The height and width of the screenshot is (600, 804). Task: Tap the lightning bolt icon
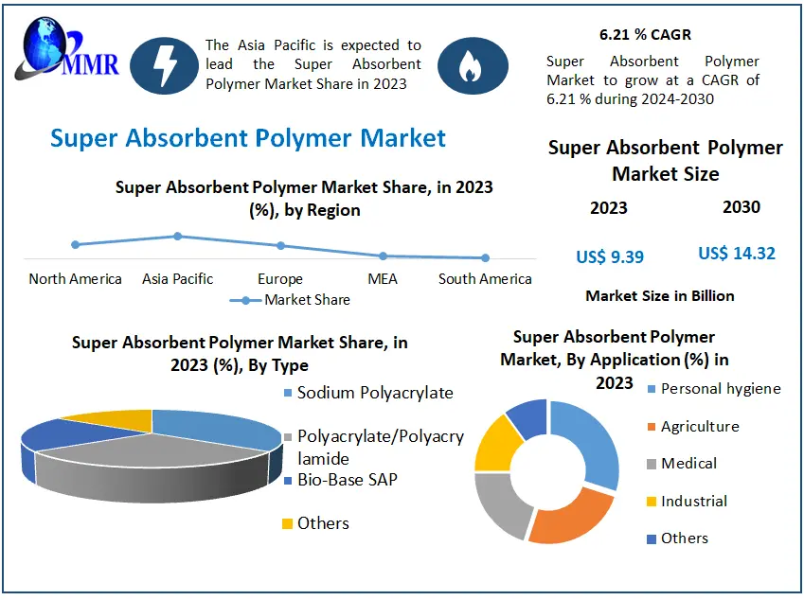coord(163,65)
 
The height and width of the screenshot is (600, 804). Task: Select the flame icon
coord(471,65)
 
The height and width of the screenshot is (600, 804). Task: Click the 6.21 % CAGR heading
coord(645,35)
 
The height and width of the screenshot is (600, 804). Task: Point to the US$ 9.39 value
coord(610,256)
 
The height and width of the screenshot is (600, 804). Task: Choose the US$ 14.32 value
coord(737,254)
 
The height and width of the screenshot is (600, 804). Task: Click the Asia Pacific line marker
coord(177,236)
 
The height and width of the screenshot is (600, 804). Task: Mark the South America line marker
coord(485,257)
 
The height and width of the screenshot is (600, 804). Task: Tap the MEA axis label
coord(383,279)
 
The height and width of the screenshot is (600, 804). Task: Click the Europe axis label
coord(280,279)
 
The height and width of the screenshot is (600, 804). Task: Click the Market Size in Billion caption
coord(659,296)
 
